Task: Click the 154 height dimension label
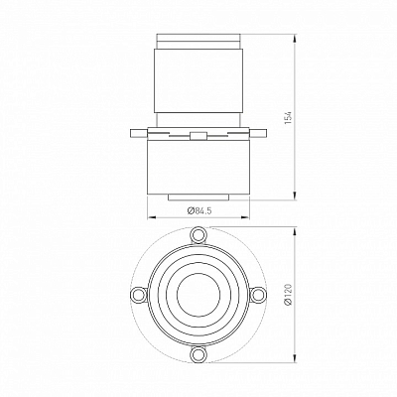(289, 118)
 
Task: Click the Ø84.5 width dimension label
(199, 210)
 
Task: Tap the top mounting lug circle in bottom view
(198, 234)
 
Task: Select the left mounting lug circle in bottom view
(139, 294)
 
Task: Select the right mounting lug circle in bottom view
(258, 294)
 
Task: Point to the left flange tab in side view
(139, 133)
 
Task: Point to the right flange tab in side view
(258, 133)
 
